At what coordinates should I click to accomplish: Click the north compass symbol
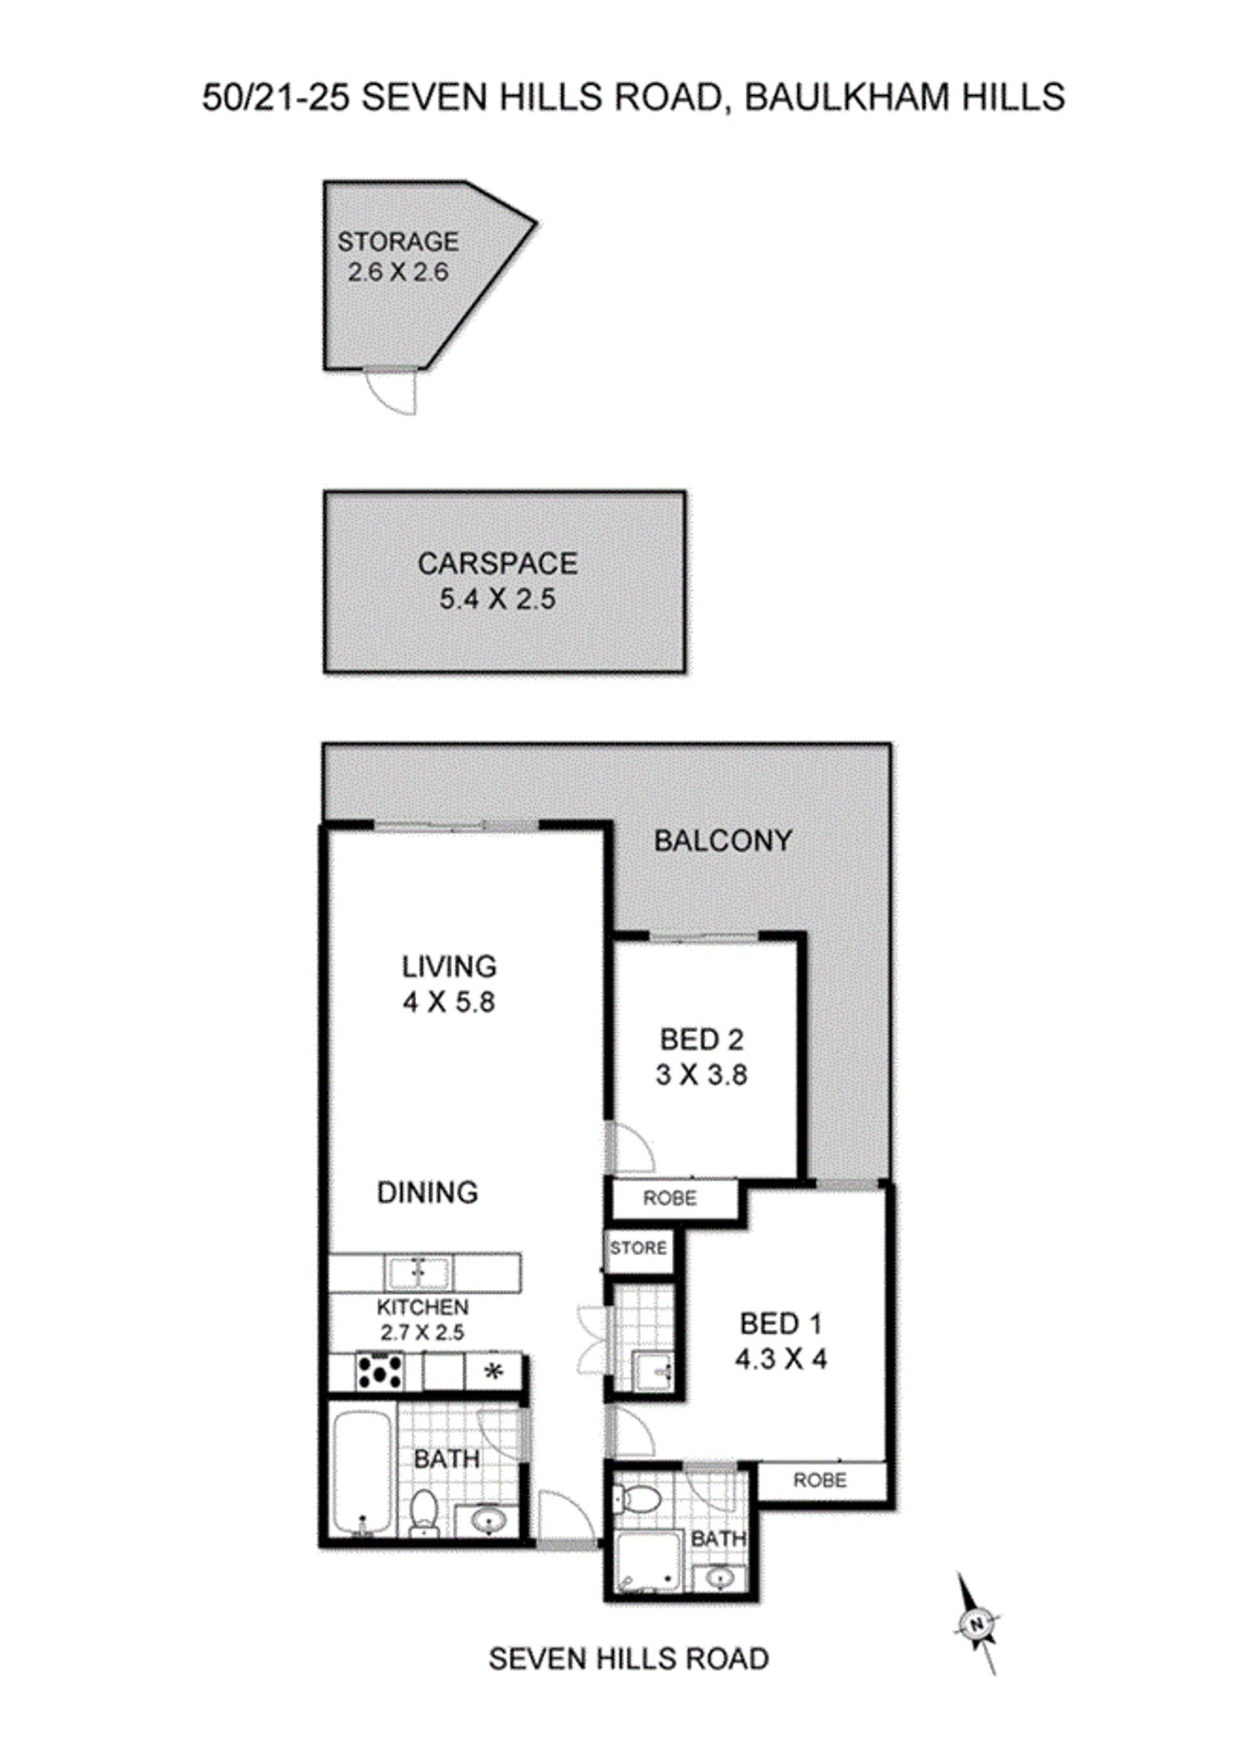tap(977, 1623)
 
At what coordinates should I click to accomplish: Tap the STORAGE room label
tap(398, 241)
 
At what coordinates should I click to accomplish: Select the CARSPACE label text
tap(497, 564)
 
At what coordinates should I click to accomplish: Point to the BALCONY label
tap(723, 841)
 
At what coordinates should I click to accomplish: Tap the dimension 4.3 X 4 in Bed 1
tap(781, 1360)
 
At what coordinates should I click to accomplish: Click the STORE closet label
tap(639, 1248)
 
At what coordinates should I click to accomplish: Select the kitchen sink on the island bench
tap(418, 1274)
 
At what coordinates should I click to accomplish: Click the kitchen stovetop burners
tap(379, 1371)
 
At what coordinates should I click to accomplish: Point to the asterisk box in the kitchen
tap(493, 1371)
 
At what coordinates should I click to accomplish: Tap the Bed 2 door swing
tap(631, 1147)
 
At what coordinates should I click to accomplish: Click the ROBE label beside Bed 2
tap(670, 1198)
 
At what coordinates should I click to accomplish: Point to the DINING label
tap(428, 1193)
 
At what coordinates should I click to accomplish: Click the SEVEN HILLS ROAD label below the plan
tap(628, 1659)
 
